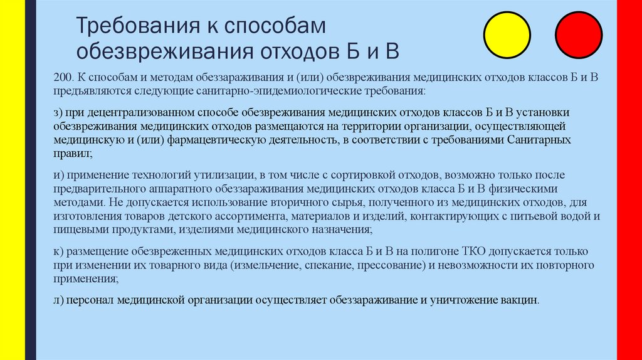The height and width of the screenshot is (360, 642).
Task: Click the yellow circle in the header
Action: pyautogui.click(x=508, y=35)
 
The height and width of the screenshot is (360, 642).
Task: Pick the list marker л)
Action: pyautogui.click(x=60, y=300)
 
